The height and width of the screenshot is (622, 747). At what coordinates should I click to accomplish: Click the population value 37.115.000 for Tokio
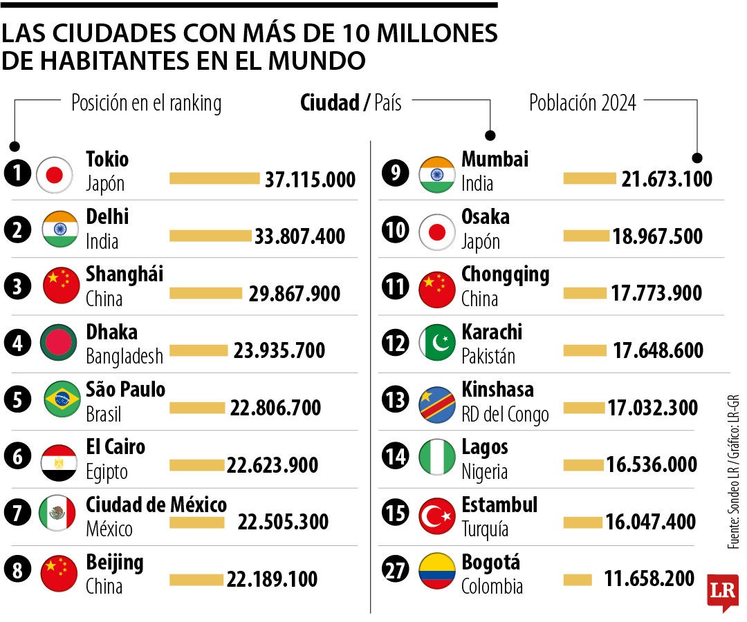tap(310, 180)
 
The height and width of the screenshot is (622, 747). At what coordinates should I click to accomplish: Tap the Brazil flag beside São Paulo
tap(62, 400)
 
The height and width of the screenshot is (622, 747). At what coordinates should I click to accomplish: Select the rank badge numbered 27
tap(396, 571)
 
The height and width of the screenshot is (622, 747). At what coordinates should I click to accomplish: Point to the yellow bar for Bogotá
tap(578, 580)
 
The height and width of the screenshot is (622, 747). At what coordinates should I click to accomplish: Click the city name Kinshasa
tap(497, 390)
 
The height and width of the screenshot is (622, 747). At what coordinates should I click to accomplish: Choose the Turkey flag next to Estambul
tap(437, 516)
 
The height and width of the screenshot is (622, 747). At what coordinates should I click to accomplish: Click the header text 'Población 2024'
tap(582, 103)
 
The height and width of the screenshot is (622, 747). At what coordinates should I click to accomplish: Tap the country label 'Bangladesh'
tap(124, 357)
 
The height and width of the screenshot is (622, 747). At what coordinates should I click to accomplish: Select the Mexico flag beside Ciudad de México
tap(58, 513)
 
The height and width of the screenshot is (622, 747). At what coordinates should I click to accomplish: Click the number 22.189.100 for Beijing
tap(272, 579)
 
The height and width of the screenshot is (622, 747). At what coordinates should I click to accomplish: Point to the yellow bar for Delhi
tap(210, 236)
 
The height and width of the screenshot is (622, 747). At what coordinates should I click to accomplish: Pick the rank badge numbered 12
tap(396, 342)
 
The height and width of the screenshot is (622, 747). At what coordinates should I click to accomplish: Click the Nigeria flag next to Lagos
tap(437, 458)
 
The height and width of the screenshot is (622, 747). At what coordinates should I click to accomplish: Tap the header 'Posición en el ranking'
tap(146, 104)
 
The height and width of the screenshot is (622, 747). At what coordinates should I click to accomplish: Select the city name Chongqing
tap(505, 274)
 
